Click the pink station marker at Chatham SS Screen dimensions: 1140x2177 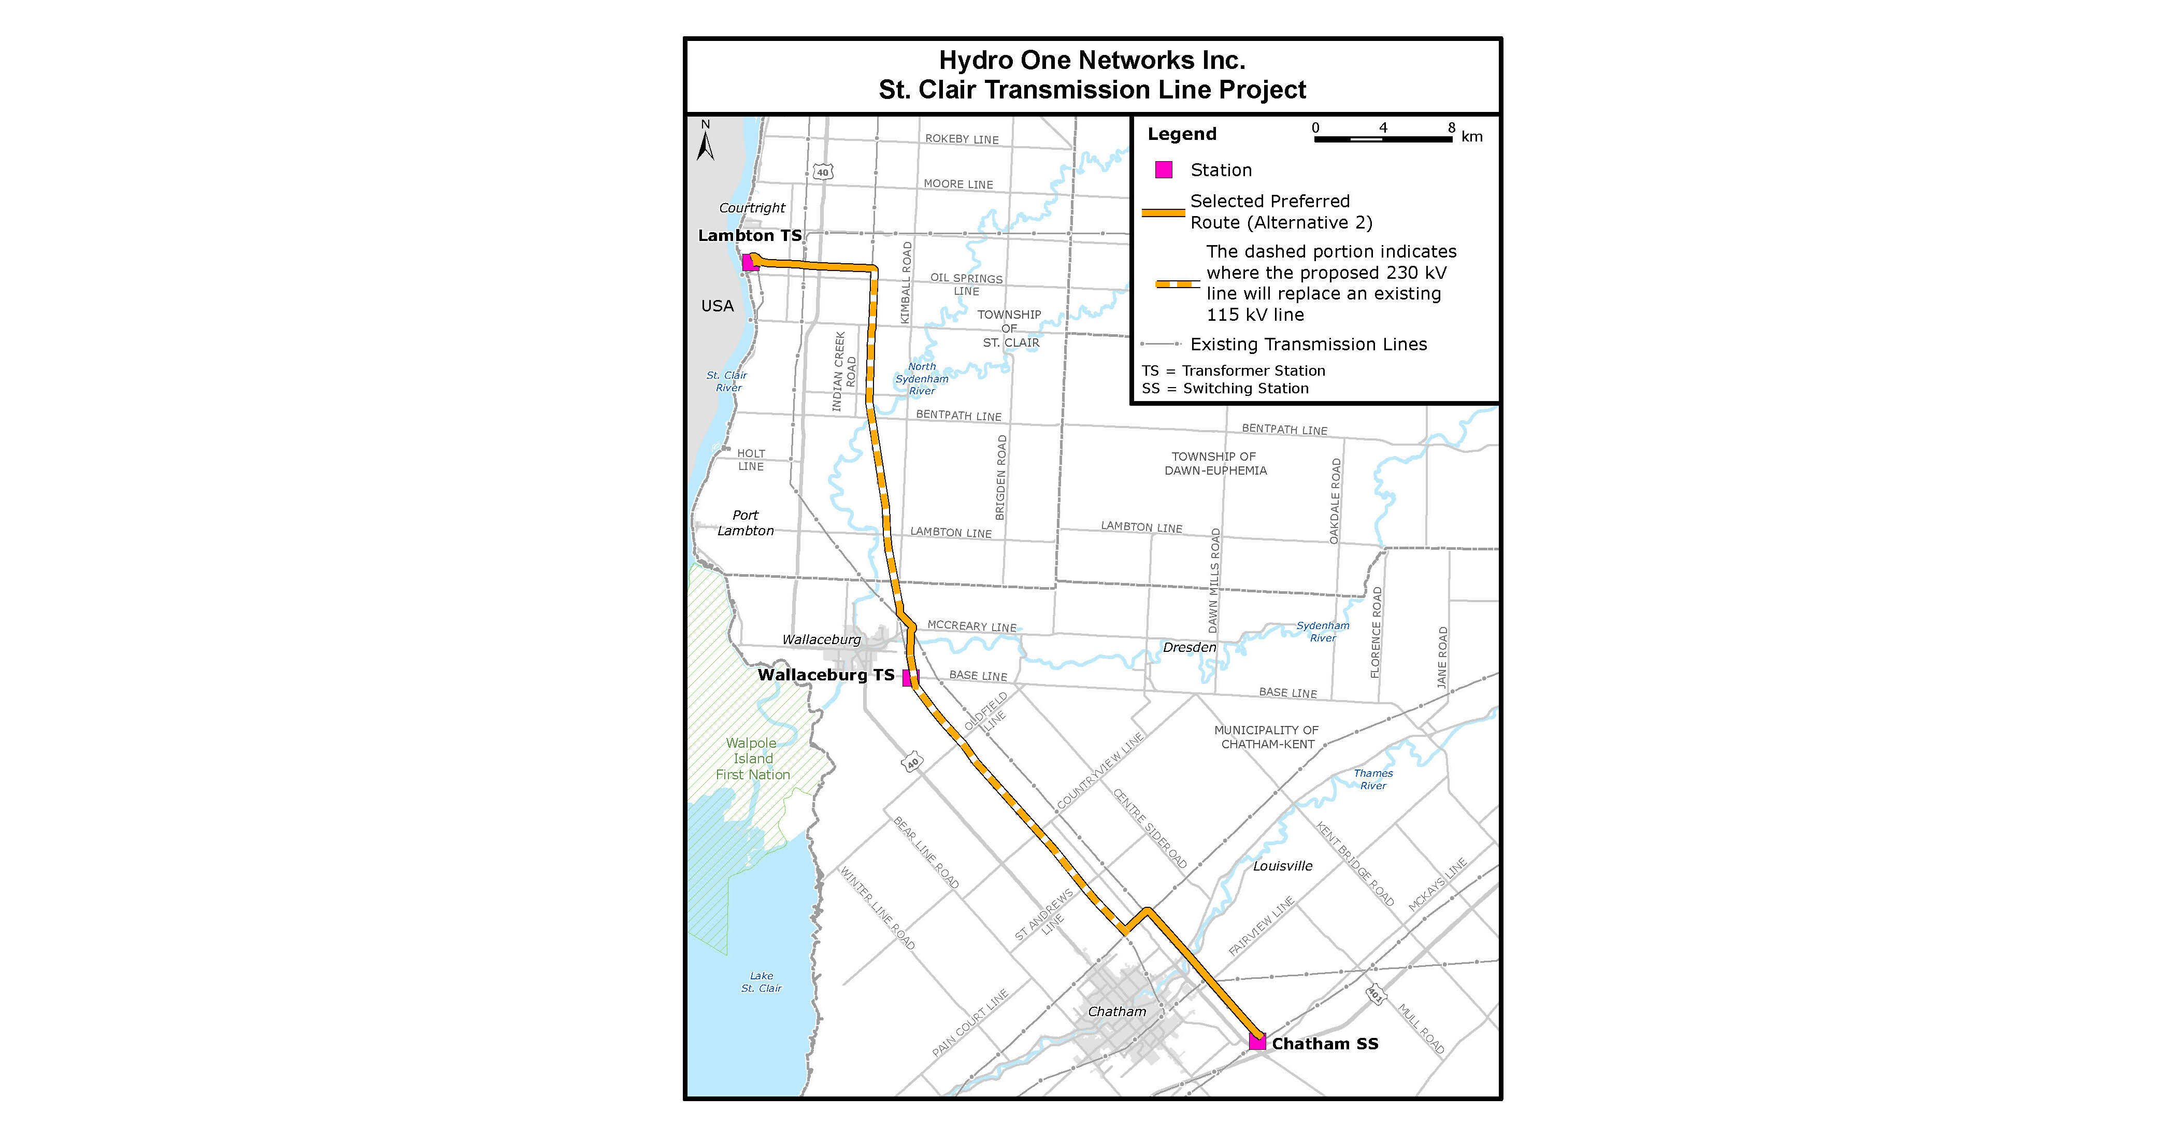point(1257,1042)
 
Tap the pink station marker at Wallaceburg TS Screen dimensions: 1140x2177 point(909,678)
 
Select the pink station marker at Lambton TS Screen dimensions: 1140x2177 point(749,263)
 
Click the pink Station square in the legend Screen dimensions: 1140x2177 point(1164,170)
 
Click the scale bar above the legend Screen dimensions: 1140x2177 point(1383,138)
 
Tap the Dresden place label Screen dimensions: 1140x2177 point(1189,647)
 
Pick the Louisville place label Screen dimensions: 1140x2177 point(1282,866)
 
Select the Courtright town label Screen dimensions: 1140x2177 point(751,208)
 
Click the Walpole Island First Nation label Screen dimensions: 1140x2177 point(752,759)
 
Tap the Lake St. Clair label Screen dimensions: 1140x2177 point(761,982)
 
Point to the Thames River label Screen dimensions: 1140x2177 point(1372,779)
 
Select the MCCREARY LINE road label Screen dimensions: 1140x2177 point(972,626)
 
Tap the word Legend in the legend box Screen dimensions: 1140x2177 point(1181,134)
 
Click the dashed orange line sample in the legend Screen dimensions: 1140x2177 point(1177,284)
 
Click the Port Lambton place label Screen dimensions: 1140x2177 point(746,523)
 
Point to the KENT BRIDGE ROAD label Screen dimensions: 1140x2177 point(1355,864)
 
